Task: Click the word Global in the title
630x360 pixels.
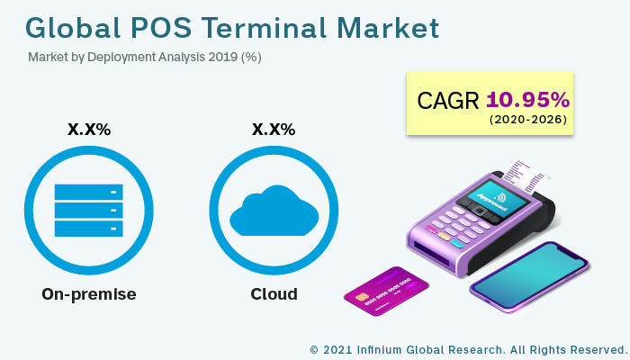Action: [x=73, y=27]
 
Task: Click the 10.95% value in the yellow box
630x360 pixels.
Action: [x=528, y=99]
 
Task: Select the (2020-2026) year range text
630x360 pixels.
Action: [x=528, y=120]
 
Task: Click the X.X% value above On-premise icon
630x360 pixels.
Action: [x=89, y=130]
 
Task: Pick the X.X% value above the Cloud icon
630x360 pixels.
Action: [x=274, y=130]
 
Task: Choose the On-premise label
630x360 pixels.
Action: [x=89, y=294]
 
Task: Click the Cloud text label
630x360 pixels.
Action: [x=274, y=294]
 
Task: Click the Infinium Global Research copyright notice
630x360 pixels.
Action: [x=467, y=348]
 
